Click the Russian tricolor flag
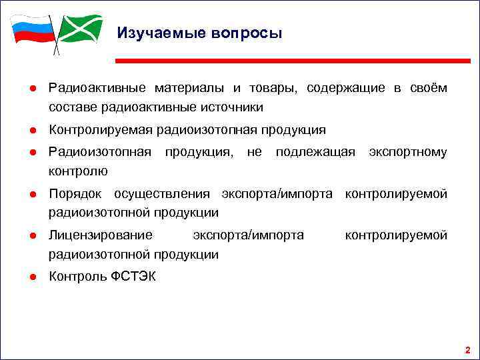click(32, 30)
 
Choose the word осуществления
click(165, 195)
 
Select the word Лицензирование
click(101, 236)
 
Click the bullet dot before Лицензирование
click(32, 236)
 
